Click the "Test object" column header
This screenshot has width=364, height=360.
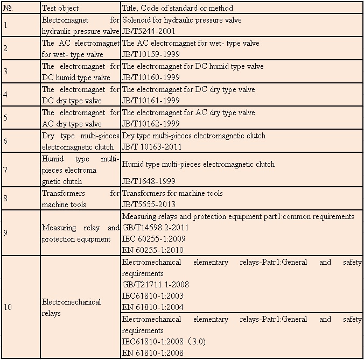tap(60, 8)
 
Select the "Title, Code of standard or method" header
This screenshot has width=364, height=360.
tap(178, 8)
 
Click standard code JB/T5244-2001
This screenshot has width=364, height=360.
tap(149, 31)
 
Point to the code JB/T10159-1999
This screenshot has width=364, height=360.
tap(151, 54)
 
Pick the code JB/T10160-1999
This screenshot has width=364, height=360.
tap(151, 77)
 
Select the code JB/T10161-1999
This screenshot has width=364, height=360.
tap(151, 101)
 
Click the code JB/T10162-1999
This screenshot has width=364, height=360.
tap(151, 124)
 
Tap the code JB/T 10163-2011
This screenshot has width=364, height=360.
tap(152, 147)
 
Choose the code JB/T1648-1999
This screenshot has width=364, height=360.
tap(149, 181)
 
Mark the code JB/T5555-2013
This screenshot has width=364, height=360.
tap(149, 204)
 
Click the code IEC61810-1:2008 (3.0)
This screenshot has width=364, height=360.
tap(164, 341)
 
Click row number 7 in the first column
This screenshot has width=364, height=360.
tap(5, 170)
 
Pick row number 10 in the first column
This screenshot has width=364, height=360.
tap(8, 307)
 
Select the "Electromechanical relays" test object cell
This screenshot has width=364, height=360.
tap(71, 307)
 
